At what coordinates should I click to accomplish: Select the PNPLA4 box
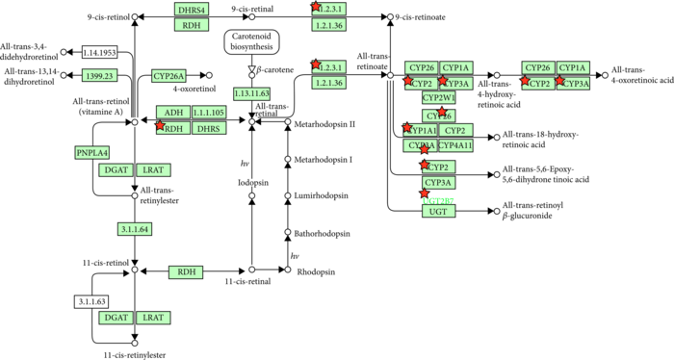point(93,152)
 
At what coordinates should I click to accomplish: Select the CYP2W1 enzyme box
point(438,98)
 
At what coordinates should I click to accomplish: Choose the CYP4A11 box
point(456,146)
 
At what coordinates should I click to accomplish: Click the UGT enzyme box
point(438,211)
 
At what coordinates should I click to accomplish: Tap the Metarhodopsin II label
point(324,124)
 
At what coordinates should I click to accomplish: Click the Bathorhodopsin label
point(323,233)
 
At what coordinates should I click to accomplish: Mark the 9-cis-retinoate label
point(430,17)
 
